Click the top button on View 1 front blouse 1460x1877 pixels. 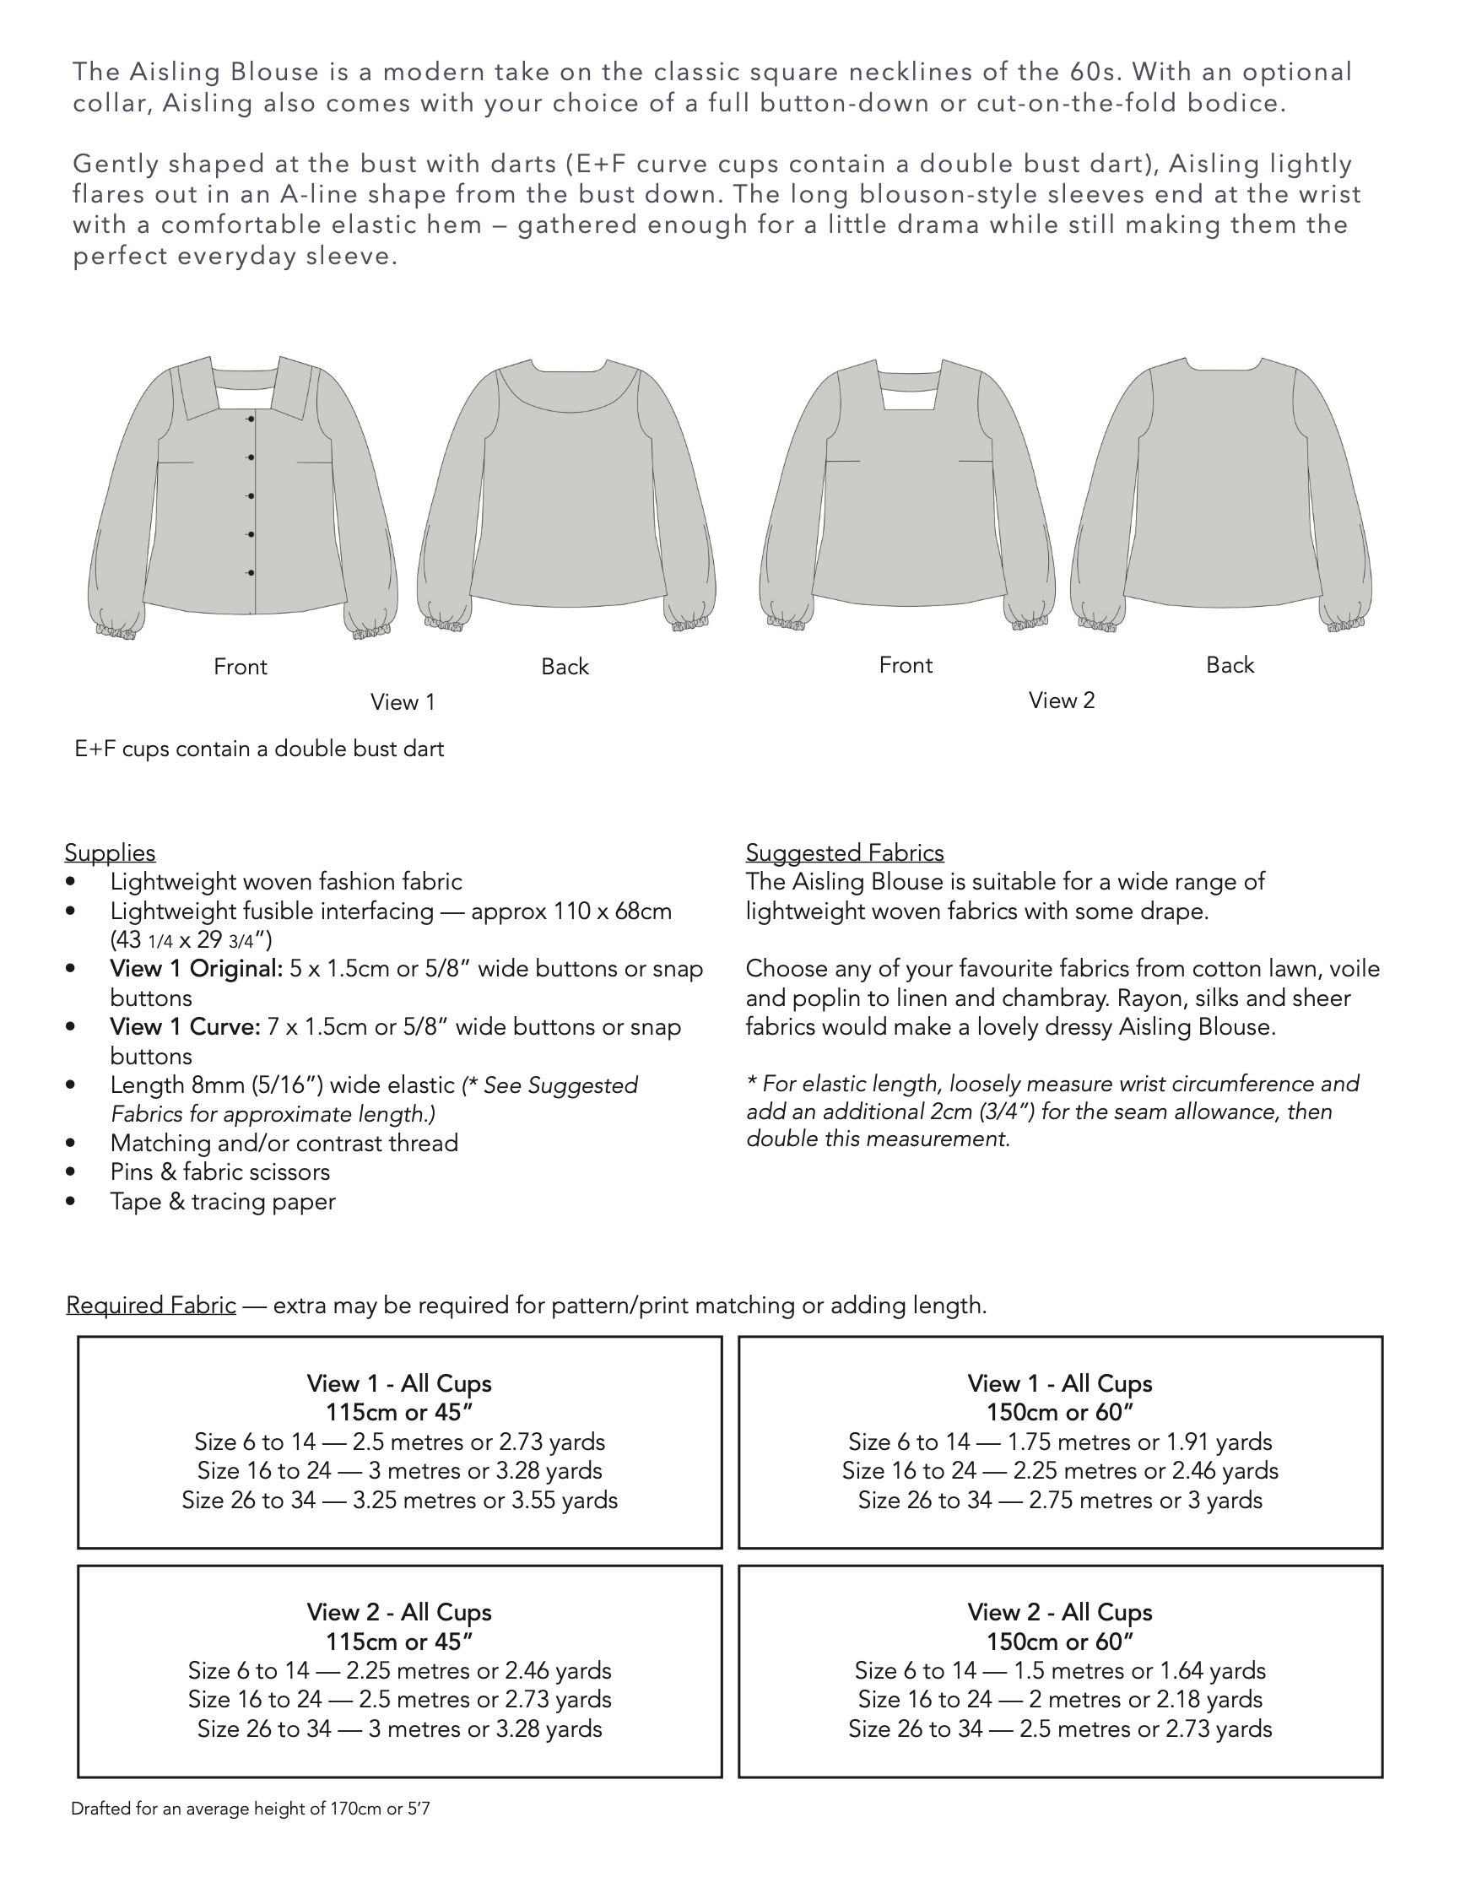(251, 419)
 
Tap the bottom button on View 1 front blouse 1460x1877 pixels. (251, 572)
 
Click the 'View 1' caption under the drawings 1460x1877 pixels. (403, 702)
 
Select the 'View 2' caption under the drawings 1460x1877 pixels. (1062, 700)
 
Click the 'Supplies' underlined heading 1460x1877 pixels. (110, 852)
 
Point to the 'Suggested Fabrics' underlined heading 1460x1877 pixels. (844, 852)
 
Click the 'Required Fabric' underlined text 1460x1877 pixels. (151, 1306)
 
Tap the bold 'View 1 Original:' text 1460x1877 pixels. (196, 969)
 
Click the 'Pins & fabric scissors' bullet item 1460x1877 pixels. (219, 1172)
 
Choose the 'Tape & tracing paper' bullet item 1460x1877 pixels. (222, 1202)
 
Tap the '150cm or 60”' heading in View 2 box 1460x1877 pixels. (1059, 1642)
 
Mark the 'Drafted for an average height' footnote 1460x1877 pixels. (250, 1809)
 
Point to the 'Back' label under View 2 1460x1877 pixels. (1230, 665)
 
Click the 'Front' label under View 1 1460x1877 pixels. (240, 667)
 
